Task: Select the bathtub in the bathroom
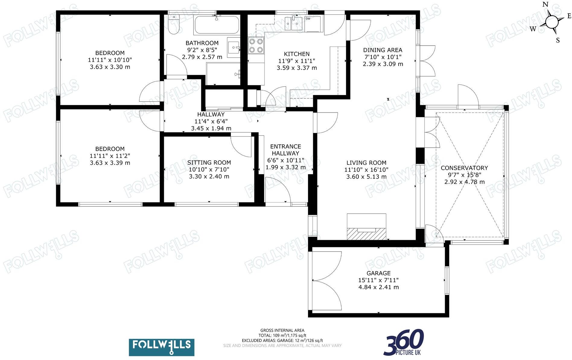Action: pos(217,25)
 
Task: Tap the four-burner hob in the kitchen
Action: pos(256,46)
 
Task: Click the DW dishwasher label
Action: pos(308,19)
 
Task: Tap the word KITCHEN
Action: pos(297,54)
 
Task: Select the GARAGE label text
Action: pos(378,273)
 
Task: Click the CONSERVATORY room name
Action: pos(464,168)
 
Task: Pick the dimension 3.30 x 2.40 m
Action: pos(209,176)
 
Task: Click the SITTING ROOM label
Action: pos(209,162)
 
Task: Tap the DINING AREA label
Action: pos(383,50)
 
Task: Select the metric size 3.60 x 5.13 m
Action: pos(366,177)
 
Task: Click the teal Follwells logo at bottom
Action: pos(161,347)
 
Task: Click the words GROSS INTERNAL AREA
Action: pos(282,330)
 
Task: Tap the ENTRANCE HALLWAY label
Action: pos(285,150)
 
